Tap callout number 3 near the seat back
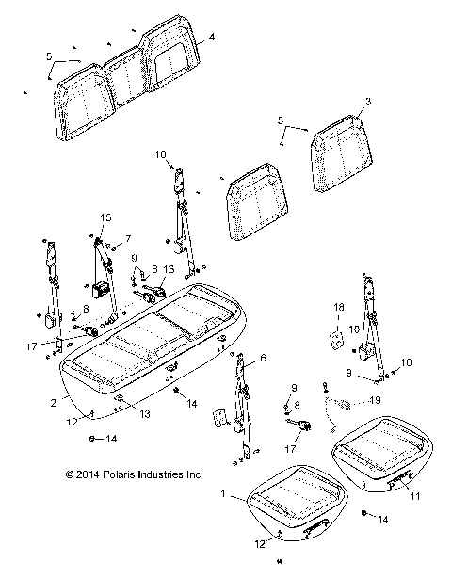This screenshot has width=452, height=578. [368, 100]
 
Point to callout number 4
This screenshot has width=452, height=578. [212, 37]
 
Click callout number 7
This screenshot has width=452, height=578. [128, 239]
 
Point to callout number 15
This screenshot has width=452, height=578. [105, 218]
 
